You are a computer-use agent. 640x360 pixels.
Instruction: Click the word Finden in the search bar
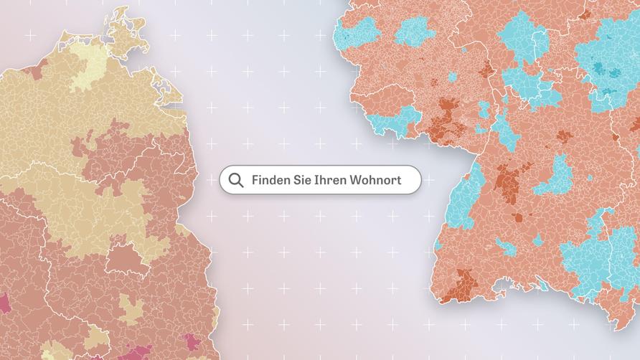pos(270,179)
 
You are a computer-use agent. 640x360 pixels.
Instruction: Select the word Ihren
pos(331,179)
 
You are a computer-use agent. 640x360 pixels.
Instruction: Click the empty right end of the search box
pos(410,179)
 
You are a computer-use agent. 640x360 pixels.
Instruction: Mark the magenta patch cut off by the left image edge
pos(3,302)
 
